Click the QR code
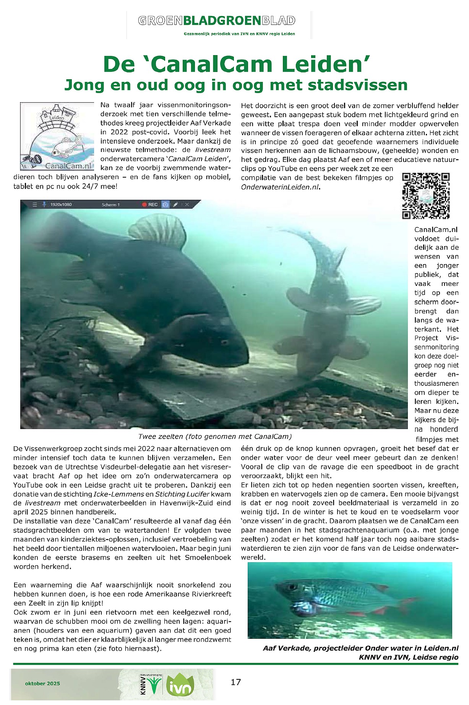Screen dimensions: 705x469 coord(426,196)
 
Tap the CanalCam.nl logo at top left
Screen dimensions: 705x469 coord(57,136)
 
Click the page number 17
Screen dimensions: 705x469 coord(236,682)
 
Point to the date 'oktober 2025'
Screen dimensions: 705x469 coord(42,683)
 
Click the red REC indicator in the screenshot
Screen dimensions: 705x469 coord(150,205)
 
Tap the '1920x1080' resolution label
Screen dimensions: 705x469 coord(61,205)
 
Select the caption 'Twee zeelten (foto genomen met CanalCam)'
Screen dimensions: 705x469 coord(214,436)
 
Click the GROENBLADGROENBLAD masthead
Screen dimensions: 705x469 coord(217,21)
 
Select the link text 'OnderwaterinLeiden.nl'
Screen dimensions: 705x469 coord(280,187)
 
